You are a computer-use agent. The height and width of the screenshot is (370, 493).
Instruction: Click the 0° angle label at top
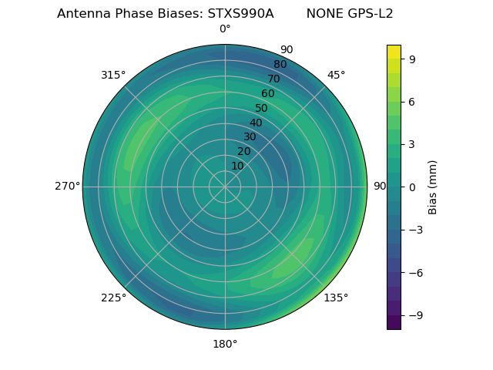click(225, 29)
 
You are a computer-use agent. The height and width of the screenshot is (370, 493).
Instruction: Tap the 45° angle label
click(336, 75)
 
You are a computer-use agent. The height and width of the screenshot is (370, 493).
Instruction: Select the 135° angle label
click(336, 298)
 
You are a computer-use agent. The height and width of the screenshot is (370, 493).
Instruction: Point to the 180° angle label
click(225, 344)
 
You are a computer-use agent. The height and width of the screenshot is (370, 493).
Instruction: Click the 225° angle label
click(113, 298)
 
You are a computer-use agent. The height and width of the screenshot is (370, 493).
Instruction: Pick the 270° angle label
click(67, 187)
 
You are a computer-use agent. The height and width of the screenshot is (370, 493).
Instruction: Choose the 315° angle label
click(113, 75)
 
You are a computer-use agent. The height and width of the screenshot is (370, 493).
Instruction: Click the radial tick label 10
click(237, 166)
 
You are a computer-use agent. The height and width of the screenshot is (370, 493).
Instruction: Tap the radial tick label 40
click(256, 123)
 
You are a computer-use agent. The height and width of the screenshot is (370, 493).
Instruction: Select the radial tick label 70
click(273, 79)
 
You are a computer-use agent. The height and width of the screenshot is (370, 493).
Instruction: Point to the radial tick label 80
click(280, 65)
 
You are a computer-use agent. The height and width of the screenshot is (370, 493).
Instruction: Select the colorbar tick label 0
click(413, 187)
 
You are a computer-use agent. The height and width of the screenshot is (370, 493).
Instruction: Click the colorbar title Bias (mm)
click(433, 187)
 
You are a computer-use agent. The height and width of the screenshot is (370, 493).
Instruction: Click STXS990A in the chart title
click(240, 14)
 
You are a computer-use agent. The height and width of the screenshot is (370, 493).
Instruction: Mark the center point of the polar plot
click(225, 187)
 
